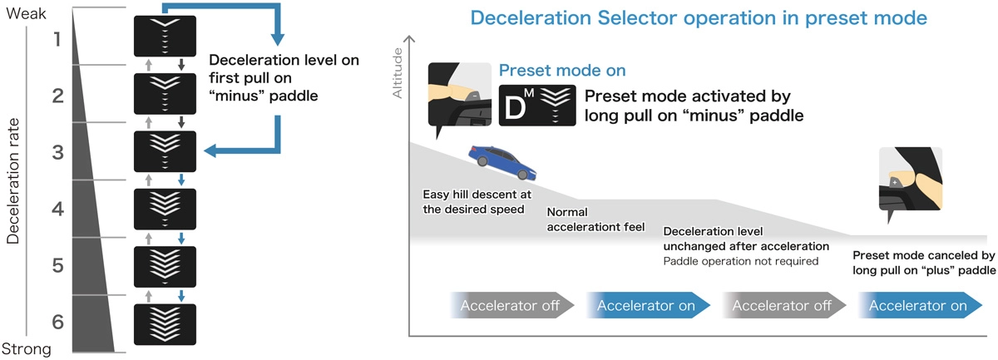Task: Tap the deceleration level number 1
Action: click(x=57, y=38)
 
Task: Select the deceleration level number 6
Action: click(x=57, y=322)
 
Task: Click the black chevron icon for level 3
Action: click(x=165, y=151)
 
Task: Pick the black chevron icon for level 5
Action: click(x=165, y=266)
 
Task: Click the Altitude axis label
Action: click(x=398, y=74)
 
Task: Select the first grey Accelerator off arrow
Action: click(x=511, y=305)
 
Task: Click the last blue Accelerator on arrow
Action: click(x=918, y=305)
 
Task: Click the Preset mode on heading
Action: click(x=562, y=72)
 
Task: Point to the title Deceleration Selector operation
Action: click(x=699, y=17)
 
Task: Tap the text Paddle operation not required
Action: click(x=740, y=261)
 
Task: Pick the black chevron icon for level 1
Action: click(x=165, y=37)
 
